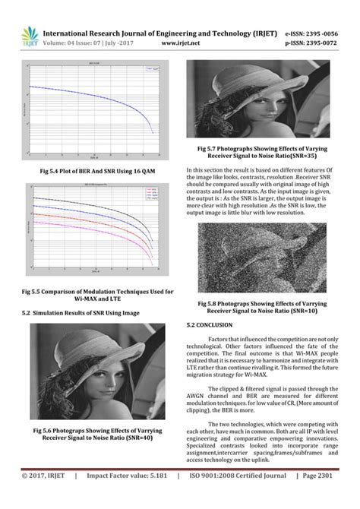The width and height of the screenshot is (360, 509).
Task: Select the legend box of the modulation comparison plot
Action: coord(150,196)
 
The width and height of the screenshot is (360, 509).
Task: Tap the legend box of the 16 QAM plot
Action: coord(151,69)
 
